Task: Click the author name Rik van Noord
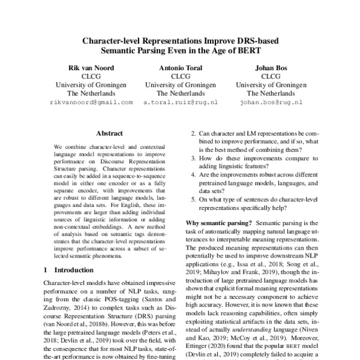tap(89, 68)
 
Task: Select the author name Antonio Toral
tap(180, 68)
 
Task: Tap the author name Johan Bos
tap(271, 68)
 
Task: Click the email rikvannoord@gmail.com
tap(89, 103)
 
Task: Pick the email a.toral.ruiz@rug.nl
tap(180, 103)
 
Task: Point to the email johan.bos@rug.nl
tap(271, 103)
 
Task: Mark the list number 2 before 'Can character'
tap(193, 136)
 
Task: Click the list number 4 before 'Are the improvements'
tap(193, 174)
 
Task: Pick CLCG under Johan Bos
tap(271, 77)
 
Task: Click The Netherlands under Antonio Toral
tap(180, 94)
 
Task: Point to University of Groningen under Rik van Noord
tap(89, 85)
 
